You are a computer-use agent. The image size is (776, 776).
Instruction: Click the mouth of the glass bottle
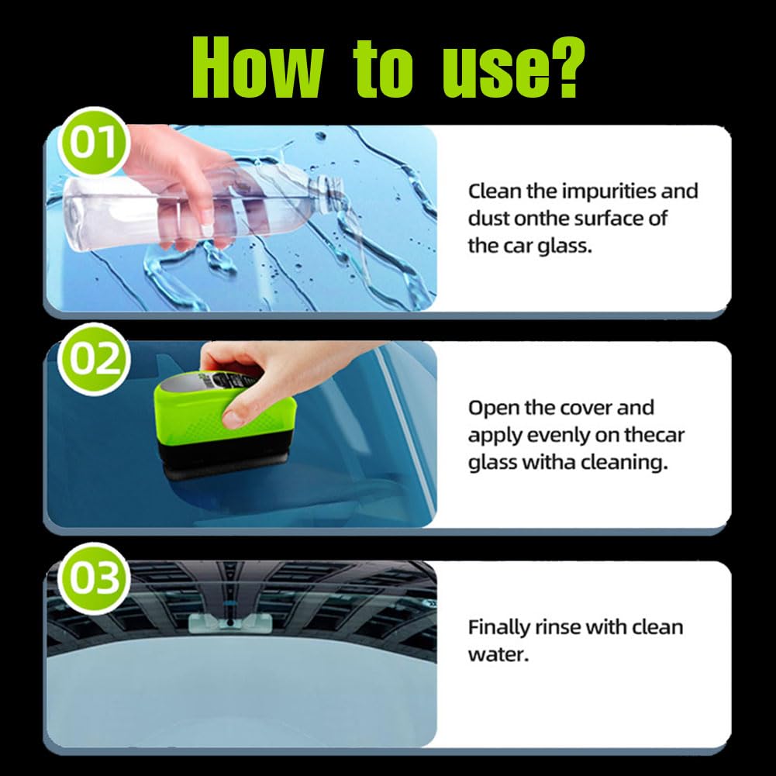(x=335, y=188)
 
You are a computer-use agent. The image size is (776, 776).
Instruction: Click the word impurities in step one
(x=611, y=191)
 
